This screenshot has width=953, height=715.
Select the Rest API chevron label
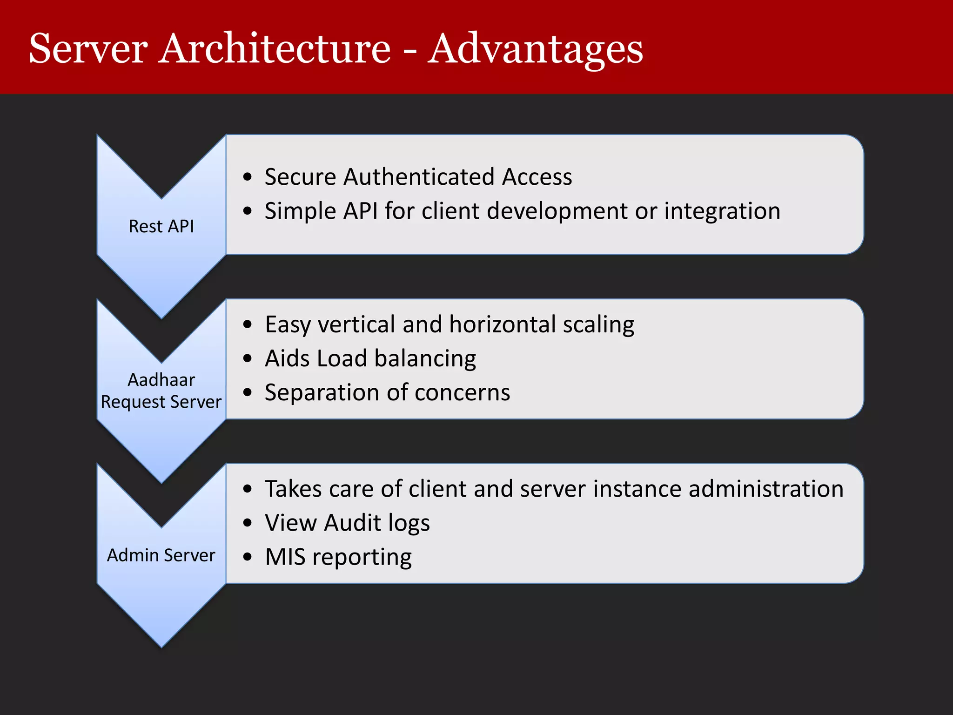point(161,226)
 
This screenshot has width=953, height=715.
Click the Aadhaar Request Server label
point(161,391)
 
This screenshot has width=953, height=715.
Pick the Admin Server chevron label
point(161,555)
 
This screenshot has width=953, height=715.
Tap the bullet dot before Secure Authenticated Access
point(248,177)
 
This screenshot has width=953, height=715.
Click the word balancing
point(425,359)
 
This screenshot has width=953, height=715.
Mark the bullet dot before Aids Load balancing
point(248,358)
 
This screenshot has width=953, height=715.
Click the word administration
point(765,489)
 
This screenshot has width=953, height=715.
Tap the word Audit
point(352,523)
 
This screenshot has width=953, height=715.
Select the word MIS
point(285,557)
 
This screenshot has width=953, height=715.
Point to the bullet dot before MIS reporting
point(248,557)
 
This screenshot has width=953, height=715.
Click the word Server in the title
point(88,49)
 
